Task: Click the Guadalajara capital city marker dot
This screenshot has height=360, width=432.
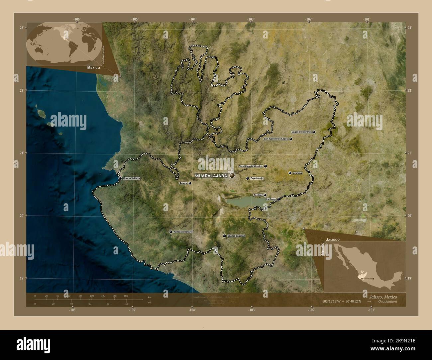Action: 232,175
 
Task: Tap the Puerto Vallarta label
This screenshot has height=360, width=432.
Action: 131,178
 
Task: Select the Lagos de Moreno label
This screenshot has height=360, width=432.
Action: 301,132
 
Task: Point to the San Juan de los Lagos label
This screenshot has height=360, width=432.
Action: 275,139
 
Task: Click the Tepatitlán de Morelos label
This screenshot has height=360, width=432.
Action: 251,166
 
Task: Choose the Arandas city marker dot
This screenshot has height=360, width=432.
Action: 290,173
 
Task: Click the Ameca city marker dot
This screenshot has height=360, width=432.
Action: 190,183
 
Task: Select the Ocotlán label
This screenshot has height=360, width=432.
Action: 258,195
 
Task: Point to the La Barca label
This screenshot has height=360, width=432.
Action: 271,199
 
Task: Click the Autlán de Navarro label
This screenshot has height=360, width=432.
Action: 183,232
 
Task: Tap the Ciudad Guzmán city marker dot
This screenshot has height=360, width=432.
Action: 225,236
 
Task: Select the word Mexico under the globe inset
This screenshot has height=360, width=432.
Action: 94,67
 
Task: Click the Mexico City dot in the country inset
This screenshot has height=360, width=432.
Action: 373,279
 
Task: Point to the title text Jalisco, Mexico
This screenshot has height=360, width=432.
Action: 382,297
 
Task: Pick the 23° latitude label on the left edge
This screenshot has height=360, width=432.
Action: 21,28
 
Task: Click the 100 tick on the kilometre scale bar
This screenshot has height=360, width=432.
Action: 91,296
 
